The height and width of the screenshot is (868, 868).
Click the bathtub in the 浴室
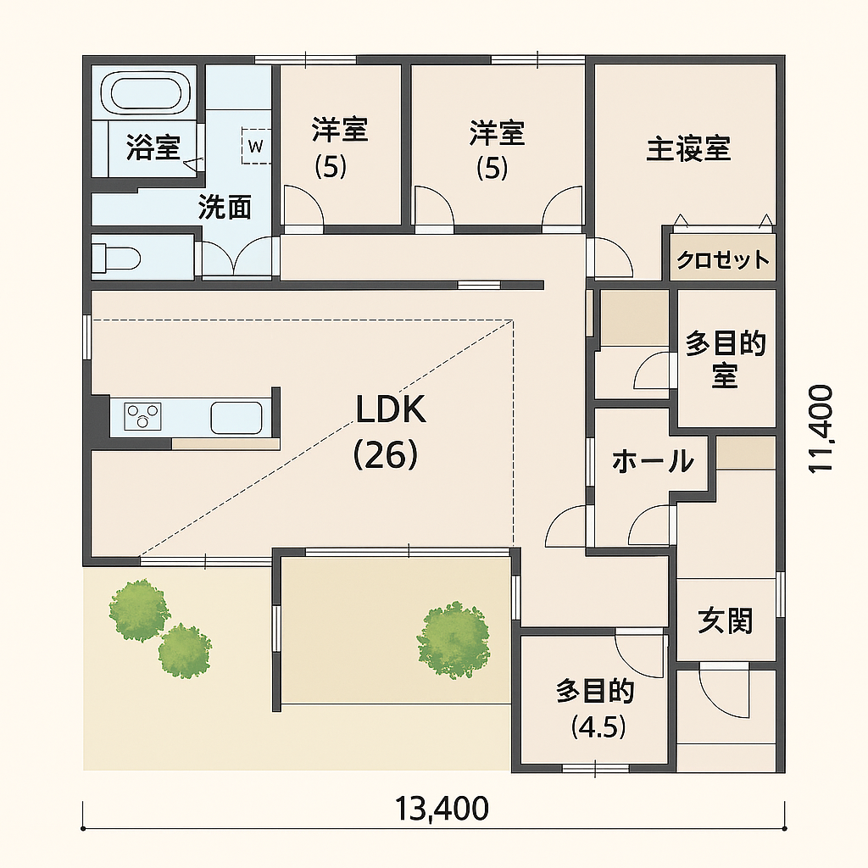click(x=146, y=92)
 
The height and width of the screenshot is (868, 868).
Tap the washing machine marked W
click(x=256, y=146)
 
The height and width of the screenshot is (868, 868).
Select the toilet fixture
click(x=115, y=258)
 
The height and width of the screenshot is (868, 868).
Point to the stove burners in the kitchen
click(x=142, y=416)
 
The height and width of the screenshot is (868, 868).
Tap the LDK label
click(x=390, y=409)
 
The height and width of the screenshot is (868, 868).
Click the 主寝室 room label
click(x=688, y=148)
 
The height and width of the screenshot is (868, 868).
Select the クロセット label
click(x=723, y=259)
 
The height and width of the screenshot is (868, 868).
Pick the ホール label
click(x=654, y=461)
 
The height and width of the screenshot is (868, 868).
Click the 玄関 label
click(x=726, y=620)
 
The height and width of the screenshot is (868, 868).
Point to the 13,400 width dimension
click(x=442, y=808)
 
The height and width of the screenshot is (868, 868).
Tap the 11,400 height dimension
click(x=821, y=428)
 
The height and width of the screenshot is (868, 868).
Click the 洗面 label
click(x=225, y=207)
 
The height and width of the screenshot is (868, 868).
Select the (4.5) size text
click(x=598, y=726)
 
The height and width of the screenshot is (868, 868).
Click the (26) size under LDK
click(x=386, y=455)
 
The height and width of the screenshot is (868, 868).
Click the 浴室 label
click(x=153, y=147)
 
